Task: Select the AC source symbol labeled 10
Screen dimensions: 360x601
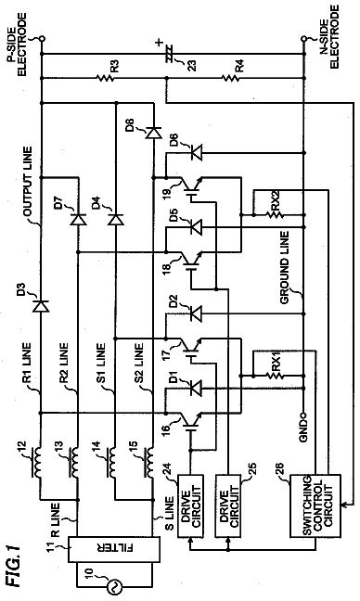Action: point(114,587)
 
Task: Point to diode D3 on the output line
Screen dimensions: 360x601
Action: point(41,306)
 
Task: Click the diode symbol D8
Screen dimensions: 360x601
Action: point(153,133)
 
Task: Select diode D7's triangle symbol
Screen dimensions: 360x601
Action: point(78,220)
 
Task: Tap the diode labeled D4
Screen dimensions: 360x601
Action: point(115,220)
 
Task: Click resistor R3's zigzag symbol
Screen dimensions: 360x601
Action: point(105,78)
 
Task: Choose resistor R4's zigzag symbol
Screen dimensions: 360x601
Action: point(230,78)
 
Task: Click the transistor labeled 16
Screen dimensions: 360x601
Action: point(190,422)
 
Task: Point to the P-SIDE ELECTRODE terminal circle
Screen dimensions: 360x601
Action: point(41,38)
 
